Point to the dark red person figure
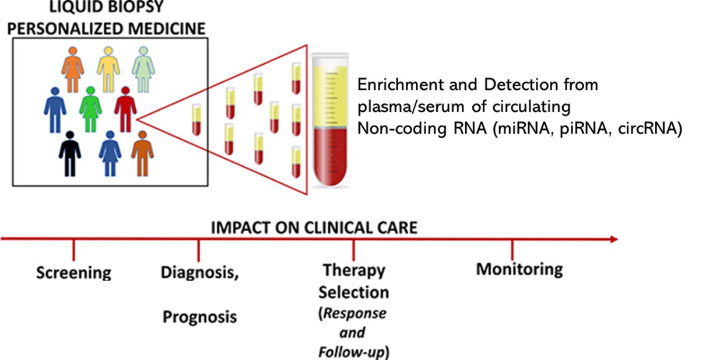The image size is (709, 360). pyautogui.click(x=125, y=109)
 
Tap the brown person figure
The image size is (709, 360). pyautogui.click(x=142, y=153)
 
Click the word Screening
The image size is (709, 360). pyautogui.click(x=73, y=272)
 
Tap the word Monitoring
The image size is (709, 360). pyautogui.click(x=520, y=270)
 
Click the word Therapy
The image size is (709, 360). pyautogui.click(x=354, y=271)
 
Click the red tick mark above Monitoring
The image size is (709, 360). pyautogui.click(x=512, y=250)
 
